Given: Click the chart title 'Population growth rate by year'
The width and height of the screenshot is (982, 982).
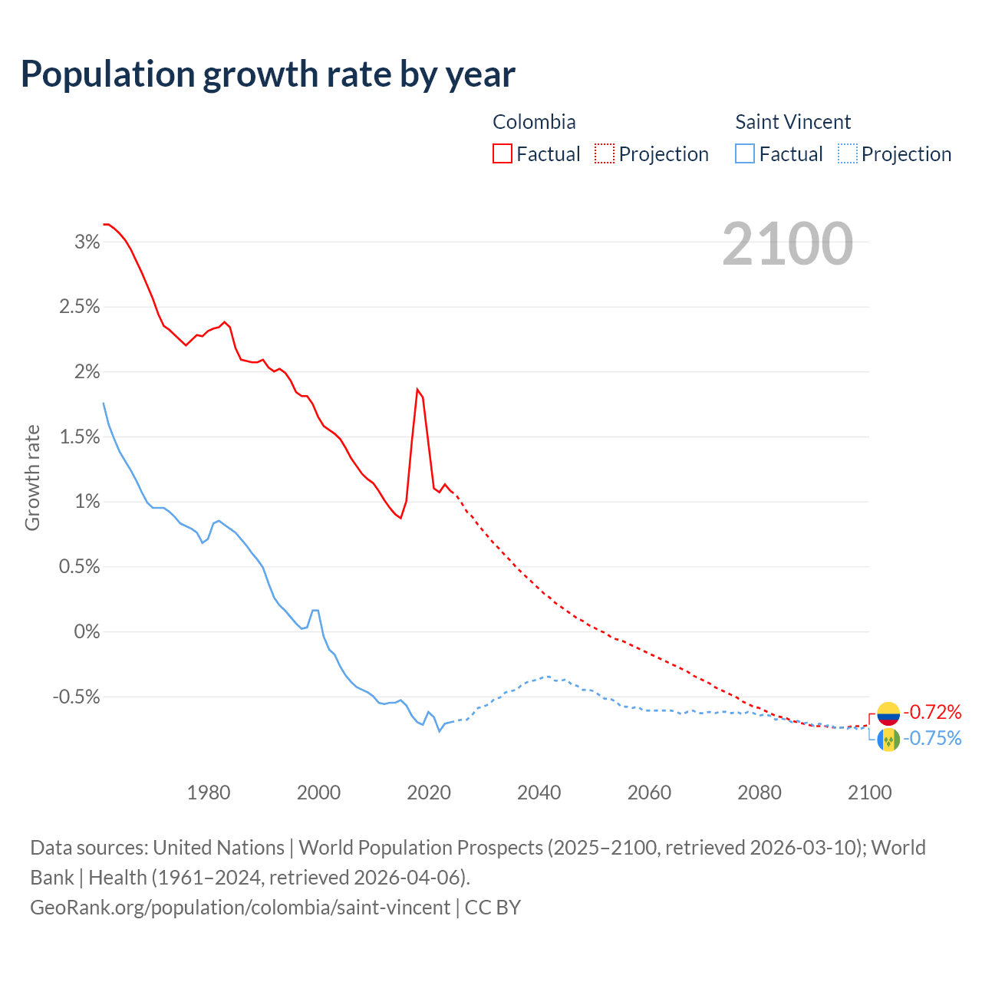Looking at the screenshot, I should pyautogui.click(x=268, y=74).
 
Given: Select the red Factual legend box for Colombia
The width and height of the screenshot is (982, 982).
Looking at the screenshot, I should pyautogui.click(x=502, y=153).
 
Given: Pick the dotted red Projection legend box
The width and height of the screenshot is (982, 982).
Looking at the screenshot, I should pyautogui.click(x=605, y=153).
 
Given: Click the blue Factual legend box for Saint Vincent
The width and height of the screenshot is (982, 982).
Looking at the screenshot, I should pyautogui.click(x=745, y=153).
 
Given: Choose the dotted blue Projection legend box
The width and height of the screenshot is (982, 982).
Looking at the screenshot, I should pyautogui.click(x=847, y=153).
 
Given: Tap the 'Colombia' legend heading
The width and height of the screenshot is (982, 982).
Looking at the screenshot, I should pyautogui.click(x=534, y=122).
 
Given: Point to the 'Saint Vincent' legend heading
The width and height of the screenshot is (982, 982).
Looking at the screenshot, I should pyautogui.click(x=793, y=122).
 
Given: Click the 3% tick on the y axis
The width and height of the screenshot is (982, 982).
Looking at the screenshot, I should pyautogui.click(x=87, y=242).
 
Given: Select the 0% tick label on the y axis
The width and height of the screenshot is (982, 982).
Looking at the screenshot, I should pyautogui.click(x=87, y=632).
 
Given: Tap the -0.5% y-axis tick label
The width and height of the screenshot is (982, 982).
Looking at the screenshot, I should pyautogui.click(x=77, y=697).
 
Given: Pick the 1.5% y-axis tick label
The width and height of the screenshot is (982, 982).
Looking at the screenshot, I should pyautogui.click(x=81, y=437).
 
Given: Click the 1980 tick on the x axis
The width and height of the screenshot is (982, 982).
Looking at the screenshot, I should pyautogui.click(x=209, y=793).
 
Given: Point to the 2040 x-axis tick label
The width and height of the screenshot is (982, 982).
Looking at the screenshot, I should pyautogui.click(x=539, y=793).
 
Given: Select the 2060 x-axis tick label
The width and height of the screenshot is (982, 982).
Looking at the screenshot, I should pyautogui.click(x=649, y=793).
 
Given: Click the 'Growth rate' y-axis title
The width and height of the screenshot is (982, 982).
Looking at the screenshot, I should pyautogui.click(x=32, y=477).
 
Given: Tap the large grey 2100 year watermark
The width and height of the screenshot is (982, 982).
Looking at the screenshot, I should pyautogui.click(x=787, y=244).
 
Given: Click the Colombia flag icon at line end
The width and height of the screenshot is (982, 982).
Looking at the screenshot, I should pyautogui.click(x=888, y=713).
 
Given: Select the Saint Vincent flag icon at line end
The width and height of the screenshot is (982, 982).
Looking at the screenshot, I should pyautogui.click(x=888, y=740).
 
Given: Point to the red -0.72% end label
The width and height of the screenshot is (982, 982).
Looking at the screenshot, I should pyautogui.click(x=932, y=713).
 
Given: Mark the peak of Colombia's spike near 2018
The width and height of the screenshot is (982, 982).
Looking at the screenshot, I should pyautogui.click(x=417, y=389).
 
